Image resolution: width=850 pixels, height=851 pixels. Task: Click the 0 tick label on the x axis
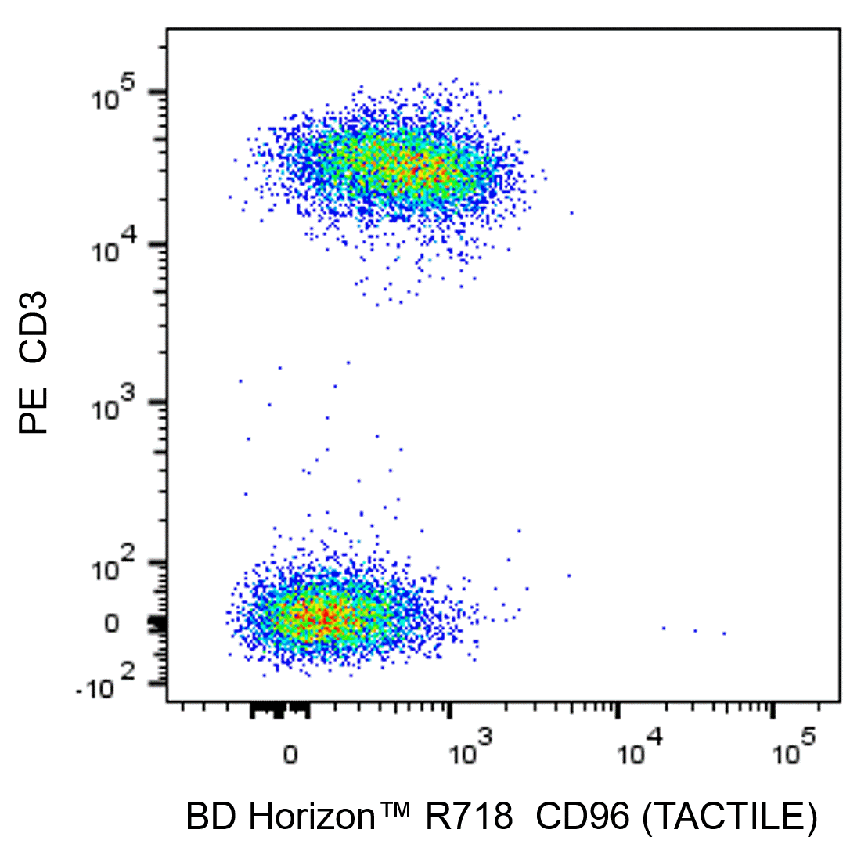tap(290, 755)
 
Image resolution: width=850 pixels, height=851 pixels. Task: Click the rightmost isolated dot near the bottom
tap(724, 633)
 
